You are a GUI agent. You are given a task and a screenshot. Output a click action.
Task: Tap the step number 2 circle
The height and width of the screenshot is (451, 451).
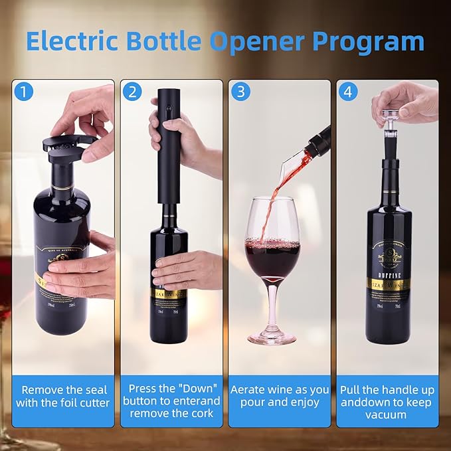pyautogui.click(x=132, y=92)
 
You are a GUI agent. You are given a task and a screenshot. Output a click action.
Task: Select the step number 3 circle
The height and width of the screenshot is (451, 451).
pyautogui.click(x=240, y=92)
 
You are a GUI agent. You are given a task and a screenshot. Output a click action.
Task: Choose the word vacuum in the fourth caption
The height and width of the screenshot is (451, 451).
pyautogui.click(x=387, y=414)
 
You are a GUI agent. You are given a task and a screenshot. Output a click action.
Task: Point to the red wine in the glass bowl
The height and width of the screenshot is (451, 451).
pyautogui.click(x=272, y=259)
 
